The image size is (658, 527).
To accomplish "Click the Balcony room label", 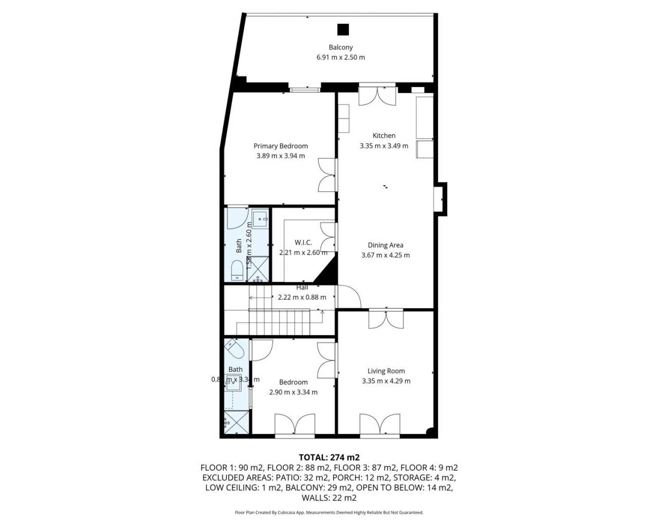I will pyautogui.click(x=340, y=47).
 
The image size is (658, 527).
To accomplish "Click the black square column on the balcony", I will pyautogui.click(x=343, y=29).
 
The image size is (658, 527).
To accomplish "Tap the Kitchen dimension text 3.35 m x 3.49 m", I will pyautogui.click(x=383, y=146).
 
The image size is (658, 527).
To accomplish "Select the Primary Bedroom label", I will pyautogui.click(x=280, y=146).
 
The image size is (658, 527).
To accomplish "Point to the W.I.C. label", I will pyautogui.click(x=303, y=242).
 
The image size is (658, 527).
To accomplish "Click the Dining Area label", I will pyautogui.click(x=385, y=245).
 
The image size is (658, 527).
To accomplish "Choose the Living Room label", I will pyautogui.click(x=386, y=371).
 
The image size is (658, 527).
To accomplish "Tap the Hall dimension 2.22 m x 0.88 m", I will pyautogui.click(x=302, y=297).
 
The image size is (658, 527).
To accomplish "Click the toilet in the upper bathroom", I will pyautogui.click(x=237, y=270).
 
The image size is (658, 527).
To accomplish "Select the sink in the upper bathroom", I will pyautogui.click(x=260, y=219).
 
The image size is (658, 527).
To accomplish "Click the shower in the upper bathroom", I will pyautogui.click(x=259, y=269).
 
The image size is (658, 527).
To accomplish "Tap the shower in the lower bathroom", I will pyautogui.click(x=237, y=424).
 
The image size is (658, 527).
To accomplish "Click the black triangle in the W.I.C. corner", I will pyautogui.click(x=327, y=273).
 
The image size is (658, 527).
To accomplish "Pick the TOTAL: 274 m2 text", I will pyautogui.click(x=329, y=457).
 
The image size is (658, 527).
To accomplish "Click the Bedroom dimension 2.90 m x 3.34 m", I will pyautogui.click(x=293, y=392).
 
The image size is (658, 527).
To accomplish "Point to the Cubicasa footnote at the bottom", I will pyautogui.click(x=329, y=513).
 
